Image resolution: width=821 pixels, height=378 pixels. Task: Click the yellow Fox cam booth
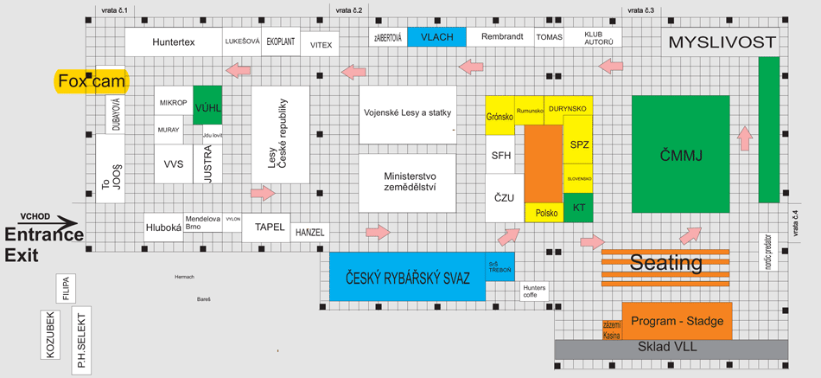[x=92, y=81]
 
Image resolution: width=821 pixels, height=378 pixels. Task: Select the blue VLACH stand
[x=436, y=37]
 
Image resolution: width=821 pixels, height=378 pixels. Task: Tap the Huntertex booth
[x=173, y=42]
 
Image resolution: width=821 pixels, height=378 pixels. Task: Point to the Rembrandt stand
[x=502, y=37]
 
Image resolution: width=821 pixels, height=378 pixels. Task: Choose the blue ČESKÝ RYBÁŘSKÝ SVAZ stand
[x=408, y=277]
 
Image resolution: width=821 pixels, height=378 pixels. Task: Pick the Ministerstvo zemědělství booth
[x=408, y=183]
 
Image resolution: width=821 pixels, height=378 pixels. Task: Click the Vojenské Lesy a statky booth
[x=407, y=112]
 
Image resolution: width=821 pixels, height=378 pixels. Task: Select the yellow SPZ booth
[x=579, y=144]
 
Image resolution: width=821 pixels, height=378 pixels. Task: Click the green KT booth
[x=579, y=208]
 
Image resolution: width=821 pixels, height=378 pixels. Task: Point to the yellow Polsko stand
[x=545, y=212]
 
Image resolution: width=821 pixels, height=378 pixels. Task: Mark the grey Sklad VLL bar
[x=671, y=348]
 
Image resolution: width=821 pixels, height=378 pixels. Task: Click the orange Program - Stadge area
[x=677, y=321]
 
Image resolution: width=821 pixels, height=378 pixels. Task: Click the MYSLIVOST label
[x=722, y=42]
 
